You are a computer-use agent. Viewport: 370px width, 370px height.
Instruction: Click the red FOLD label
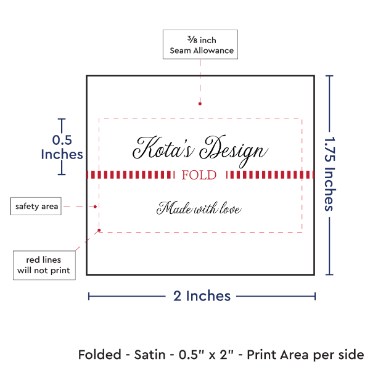pos(200,175)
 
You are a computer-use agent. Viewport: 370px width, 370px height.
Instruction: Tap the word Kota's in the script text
pos(161,148)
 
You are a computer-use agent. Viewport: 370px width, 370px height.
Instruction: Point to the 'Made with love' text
pos(199,208)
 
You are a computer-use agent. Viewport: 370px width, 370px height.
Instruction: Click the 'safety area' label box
pos(36,206)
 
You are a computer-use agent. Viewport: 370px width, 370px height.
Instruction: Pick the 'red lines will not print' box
pos(44,265)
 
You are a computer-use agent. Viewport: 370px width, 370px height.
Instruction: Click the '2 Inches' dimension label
pos(202,296)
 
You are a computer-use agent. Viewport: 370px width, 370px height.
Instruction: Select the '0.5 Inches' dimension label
pos(61,147)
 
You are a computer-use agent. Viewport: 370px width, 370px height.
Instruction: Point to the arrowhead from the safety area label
pos(96,206)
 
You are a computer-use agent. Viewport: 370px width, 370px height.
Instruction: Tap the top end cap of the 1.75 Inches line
pos(330,76)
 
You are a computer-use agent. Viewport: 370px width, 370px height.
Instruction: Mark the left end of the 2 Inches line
pos(89,297)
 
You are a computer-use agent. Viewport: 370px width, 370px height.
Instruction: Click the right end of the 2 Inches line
pos(314,297)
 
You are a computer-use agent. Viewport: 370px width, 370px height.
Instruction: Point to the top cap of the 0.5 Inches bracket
pos(61,119)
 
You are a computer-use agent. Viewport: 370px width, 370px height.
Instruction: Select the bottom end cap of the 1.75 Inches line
pos(330,274)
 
